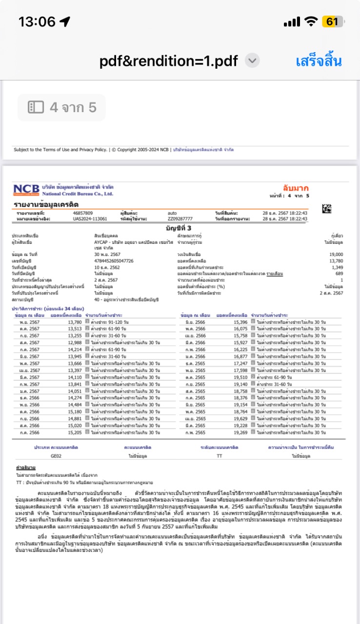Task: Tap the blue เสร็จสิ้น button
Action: pos(319,61)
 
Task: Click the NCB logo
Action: pos(26,190)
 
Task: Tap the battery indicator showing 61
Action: pos(333,22)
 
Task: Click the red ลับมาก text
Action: pos(296,188)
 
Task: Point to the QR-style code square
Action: pos(327,209)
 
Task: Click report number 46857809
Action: pos(82,214)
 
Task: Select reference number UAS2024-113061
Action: pos(90,219)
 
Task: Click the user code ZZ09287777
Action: pos(180,219)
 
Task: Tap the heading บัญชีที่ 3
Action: pos(180,228)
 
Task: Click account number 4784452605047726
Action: pos(114,261)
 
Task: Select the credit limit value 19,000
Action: pos(336,254)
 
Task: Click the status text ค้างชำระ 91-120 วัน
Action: pos(107,322)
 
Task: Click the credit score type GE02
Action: pos(56,456)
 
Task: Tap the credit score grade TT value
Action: pos(219,456)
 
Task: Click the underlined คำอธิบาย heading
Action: pos(25,468)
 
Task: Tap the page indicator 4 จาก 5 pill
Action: pos(62,107)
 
